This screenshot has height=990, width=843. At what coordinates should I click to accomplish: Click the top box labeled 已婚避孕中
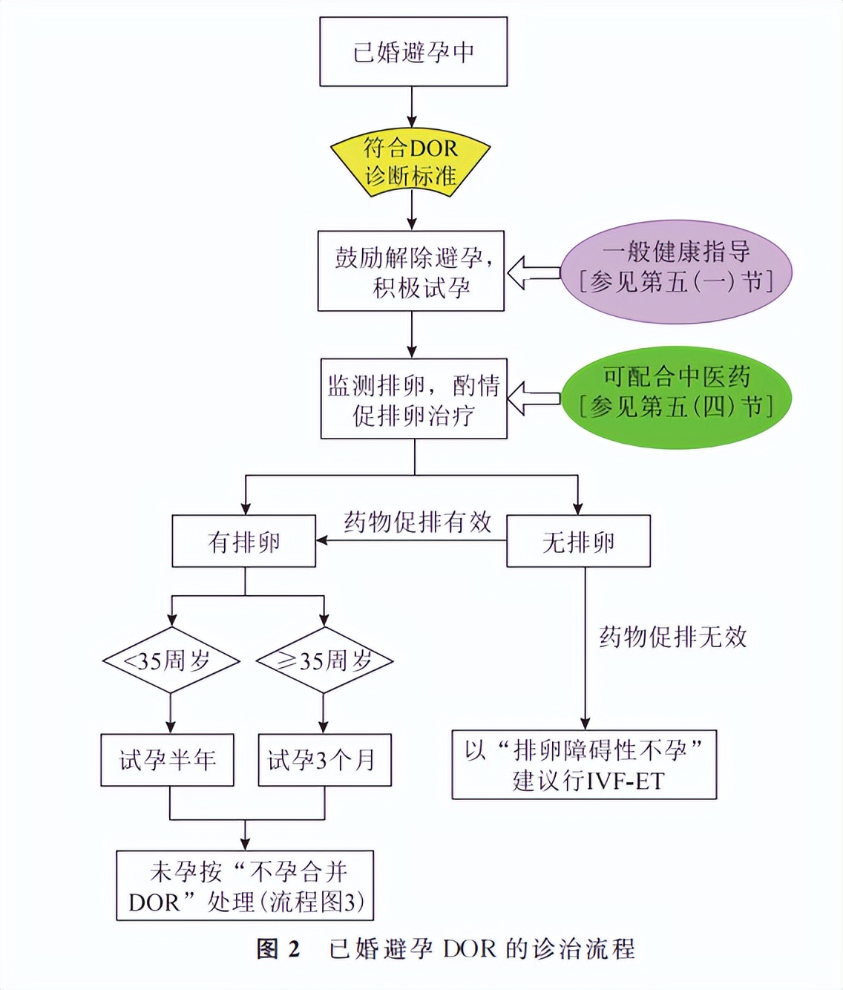pos(413,52)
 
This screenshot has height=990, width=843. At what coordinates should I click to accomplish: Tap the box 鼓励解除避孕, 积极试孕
pos(411,272)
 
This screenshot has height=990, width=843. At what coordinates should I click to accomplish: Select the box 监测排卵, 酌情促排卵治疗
pos(413,399)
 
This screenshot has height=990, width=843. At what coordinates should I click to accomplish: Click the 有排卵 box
pos(243,542)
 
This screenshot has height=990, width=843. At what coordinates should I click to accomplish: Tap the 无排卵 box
pos(578,542)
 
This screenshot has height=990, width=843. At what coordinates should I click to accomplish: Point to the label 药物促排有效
pos(417,522)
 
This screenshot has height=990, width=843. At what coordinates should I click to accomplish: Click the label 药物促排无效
pos(672,637)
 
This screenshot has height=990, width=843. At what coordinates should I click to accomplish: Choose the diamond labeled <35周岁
pos(171,660)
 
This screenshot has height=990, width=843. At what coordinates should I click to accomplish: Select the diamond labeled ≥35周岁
pos(324,660)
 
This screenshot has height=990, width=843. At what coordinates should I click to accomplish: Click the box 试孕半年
pos(167,760)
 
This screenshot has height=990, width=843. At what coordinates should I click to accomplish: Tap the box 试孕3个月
pos(324,760)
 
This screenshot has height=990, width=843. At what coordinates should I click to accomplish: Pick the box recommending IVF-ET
pos(584,765)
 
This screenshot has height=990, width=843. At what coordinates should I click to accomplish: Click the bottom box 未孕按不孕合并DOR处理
pos(245,886)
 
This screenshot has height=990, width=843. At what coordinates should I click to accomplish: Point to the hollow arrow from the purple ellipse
pos(532,272)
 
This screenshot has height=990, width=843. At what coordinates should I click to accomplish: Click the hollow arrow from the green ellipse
pos(532,399)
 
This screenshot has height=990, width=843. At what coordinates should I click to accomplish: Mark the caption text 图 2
pos(278,949)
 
